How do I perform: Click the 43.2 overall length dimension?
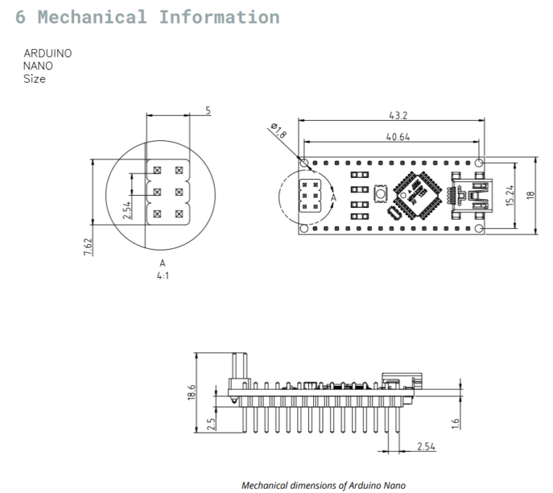(398, 116)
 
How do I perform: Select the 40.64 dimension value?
(398, 137)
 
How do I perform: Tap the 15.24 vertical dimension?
(510, 196)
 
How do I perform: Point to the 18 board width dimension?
(531, 195)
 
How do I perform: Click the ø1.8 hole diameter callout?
(279, 130)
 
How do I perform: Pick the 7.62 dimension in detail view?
(88, 247)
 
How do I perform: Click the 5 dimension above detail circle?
(208, 111)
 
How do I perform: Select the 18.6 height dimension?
(191, 392)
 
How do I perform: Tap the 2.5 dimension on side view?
(210, 425)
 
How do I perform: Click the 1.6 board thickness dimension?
(455, 424)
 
